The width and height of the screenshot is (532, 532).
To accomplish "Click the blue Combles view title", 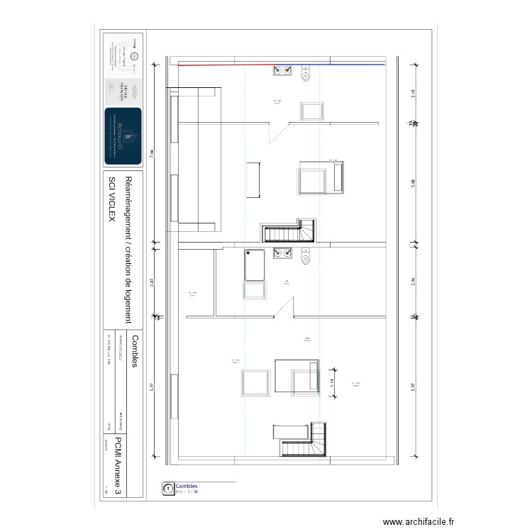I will (187, 486).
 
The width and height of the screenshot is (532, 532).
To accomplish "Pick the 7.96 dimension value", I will (152, 155).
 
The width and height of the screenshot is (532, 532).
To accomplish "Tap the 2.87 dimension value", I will (152, 282).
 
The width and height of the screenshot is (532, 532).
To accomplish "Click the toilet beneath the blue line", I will (306, 72).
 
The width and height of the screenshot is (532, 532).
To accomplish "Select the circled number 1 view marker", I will (168, 488).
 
